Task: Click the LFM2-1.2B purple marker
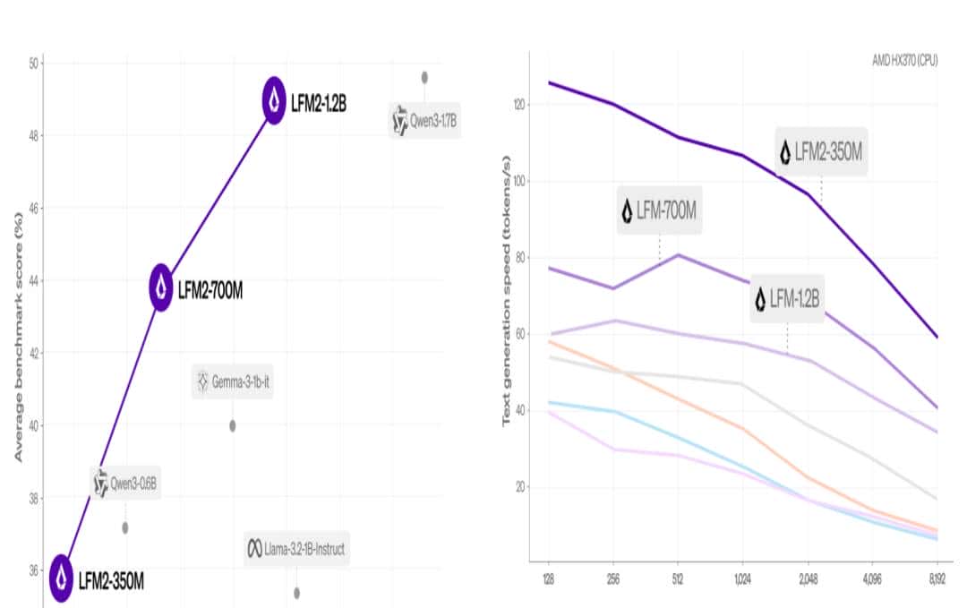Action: pyautogui.click(x=274, y=101)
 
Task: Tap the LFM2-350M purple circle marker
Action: pyautogui.click(x=61, y=578)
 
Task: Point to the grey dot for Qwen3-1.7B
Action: pyautogui.click(x=424, y=77)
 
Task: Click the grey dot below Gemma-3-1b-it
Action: pyautogui.click(x=233, y=425)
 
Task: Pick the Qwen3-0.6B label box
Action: pyautogui.click(x=126, y=483)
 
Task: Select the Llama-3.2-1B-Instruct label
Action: pyautogui.click(x=296, y=548)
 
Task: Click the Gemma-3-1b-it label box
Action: pyautogui.click(x=232, y=382)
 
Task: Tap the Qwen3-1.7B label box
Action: pyautogui.click(x=424, y=120)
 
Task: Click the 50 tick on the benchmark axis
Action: pyautogui.click(x=33, y=64)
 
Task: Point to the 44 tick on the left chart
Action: pyautogui.click(x=33, y=280)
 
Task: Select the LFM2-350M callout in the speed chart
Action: pyautogui.click(x=821, y=151)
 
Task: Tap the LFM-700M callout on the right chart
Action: pyautogui.click(x=659, y=211)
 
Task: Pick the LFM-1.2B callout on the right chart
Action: pyautogui.click(x=787, y=298)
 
